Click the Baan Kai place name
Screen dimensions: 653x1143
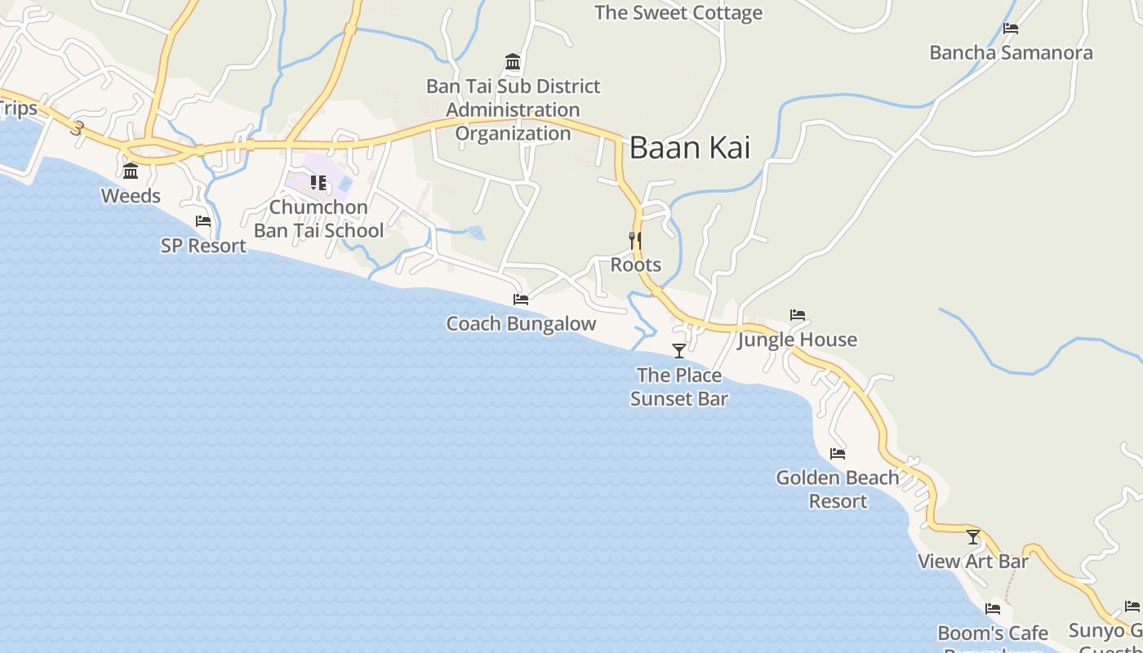tap(689, 148)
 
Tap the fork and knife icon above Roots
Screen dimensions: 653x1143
tap(635, 241)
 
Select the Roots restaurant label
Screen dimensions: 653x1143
tap(635, 265)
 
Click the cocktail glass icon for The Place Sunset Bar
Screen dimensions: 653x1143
tap(678, 351)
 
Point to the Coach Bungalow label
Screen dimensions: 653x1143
tap(521, 324)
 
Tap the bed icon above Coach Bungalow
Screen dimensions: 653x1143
tap(521, 300)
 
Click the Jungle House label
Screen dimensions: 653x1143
tap(798, 340)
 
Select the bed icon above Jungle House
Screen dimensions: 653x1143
tap(798, 315)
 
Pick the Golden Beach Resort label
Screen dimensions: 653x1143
tap(838, 489)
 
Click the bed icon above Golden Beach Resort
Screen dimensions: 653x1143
tap(838, 454)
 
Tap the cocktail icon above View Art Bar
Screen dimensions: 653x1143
tap(972, 537)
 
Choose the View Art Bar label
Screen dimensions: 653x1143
tap(972, 562)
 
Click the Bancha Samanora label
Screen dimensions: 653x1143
tap(1011, 53)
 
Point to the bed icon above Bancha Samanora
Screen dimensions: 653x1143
tap(1011, 29)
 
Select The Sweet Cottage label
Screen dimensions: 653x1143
tap(678, 13)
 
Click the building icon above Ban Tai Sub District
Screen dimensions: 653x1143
tap(513, 62)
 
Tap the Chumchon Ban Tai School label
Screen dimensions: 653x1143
tap(318, 219)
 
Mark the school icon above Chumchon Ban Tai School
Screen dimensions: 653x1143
tap(318, 183)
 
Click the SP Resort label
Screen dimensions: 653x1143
tap(203, 246)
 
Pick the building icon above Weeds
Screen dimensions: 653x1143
tap(131, 171)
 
